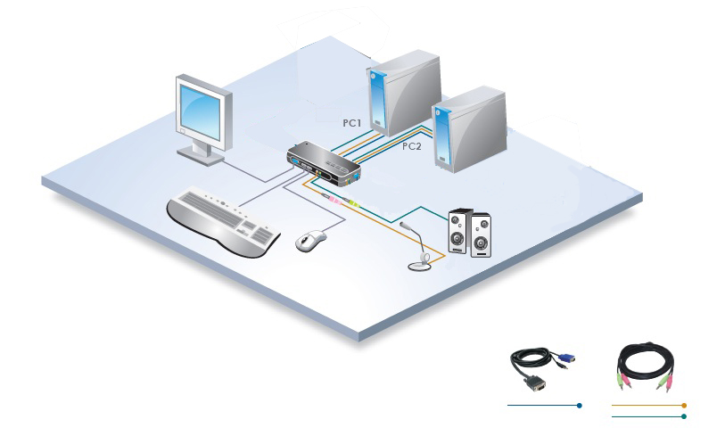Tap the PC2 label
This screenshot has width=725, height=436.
(411, 146)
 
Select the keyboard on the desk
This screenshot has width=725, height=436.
(223, 221)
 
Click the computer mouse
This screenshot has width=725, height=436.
(310, 240)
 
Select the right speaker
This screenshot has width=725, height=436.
(481, 235)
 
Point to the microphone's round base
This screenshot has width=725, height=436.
(420, 264)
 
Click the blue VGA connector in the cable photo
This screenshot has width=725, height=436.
(568, 358)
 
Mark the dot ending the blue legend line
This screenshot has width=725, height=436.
(580, 406)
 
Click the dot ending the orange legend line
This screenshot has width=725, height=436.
(684, 406)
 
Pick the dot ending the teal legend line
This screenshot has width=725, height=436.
(684, 416)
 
